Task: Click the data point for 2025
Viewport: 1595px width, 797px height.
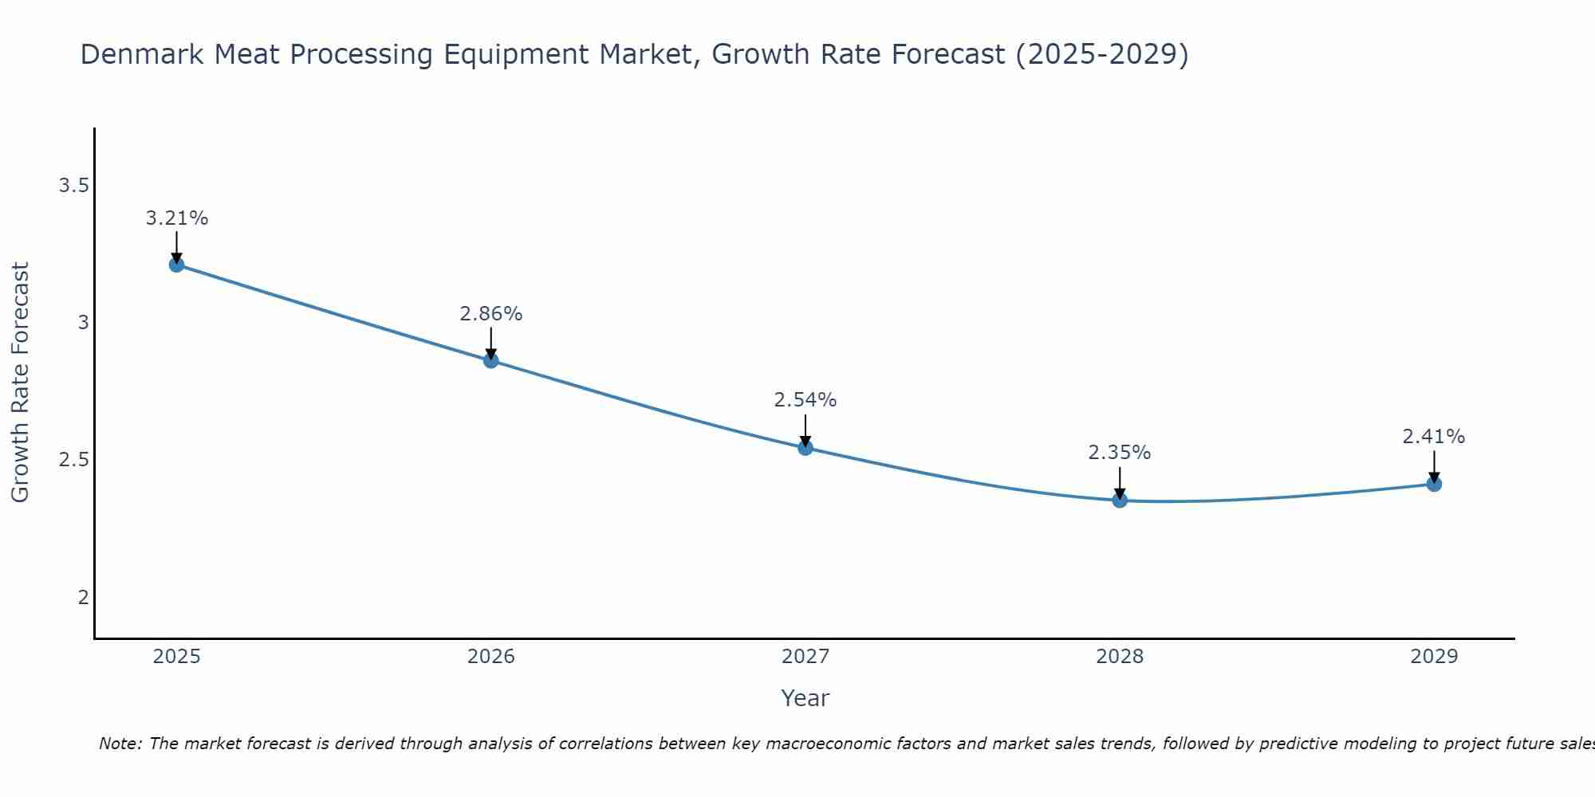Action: click(x=176, y=265)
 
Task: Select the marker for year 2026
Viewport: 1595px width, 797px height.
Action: click(x=490, y=360)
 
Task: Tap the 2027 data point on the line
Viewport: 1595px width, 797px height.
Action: click(x=805, y=448)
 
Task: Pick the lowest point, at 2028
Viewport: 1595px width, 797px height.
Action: click(x=1120, y=501)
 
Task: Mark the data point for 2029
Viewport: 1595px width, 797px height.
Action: click(x=1434, y=484)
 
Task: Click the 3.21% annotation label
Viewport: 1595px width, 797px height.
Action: click(x=176, y=218)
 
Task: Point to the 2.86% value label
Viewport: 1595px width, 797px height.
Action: click(x=490, y=314)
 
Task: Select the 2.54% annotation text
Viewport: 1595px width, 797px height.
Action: click(x=805, y=400)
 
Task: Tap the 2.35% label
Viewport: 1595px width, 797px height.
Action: click(x=1120, y=453)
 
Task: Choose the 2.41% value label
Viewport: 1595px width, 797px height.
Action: click(x=1434, y=437)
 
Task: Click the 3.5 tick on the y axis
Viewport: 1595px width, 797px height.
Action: click(x=73, y=186)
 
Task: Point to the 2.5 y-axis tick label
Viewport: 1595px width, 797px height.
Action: click(x=73, y=460)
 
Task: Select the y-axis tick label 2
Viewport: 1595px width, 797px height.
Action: click(x=83, y=597)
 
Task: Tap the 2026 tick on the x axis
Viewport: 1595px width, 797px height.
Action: click(x=490, y=657)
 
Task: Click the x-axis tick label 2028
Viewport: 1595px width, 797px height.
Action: click(x=1120, y=657)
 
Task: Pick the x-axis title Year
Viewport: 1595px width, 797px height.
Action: click(x=805, y=698)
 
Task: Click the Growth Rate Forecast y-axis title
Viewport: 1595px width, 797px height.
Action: click(x=20, y=383)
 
